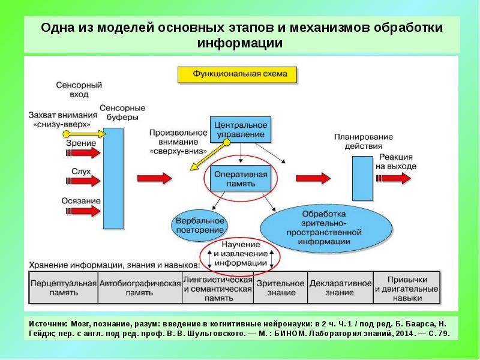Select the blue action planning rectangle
362,178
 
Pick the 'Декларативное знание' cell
340,287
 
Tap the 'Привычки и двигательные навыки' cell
407,287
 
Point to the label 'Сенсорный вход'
78,90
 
